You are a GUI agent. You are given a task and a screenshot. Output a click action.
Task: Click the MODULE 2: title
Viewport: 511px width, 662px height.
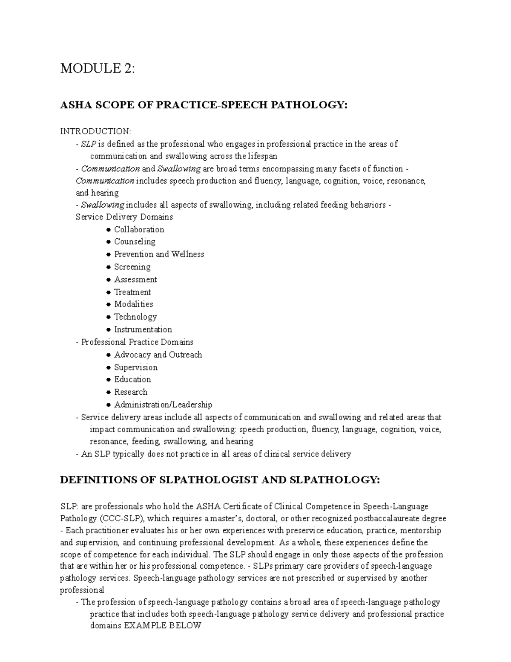97,68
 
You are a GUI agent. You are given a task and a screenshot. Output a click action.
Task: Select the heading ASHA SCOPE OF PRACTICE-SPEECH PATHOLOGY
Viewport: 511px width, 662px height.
204,105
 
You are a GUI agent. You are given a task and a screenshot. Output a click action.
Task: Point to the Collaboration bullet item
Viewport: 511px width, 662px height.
139,229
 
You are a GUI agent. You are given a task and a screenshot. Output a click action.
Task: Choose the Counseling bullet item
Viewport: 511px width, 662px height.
135,242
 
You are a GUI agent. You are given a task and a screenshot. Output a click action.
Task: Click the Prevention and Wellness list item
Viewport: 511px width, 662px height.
159,254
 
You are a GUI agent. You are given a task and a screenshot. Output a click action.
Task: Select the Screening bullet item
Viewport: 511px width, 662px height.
132,267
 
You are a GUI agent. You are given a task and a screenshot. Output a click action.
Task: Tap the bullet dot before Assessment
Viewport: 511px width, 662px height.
109,280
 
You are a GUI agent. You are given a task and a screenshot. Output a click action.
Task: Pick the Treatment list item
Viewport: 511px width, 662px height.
132,292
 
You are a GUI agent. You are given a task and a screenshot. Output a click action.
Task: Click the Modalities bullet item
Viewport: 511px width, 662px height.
133,304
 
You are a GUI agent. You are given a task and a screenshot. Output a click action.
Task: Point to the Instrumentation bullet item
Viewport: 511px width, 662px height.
143,330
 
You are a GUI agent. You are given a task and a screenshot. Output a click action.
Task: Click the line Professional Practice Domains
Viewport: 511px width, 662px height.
137,342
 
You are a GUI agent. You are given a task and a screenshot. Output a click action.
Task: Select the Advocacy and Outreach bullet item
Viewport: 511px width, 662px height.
158,355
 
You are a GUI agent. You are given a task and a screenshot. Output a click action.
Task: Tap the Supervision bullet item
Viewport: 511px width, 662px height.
136,367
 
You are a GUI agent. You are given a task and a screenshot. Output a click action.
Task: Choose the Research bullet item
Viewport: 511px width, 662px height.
131,392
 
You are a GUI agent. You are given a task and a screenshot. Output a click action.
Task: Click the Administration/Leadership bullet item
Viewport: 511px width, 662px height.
163,405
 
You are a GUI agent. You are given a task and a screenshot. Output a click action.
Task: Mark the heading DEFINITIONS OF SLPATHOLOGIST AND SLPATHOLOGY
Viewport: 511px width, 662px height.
219,480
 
